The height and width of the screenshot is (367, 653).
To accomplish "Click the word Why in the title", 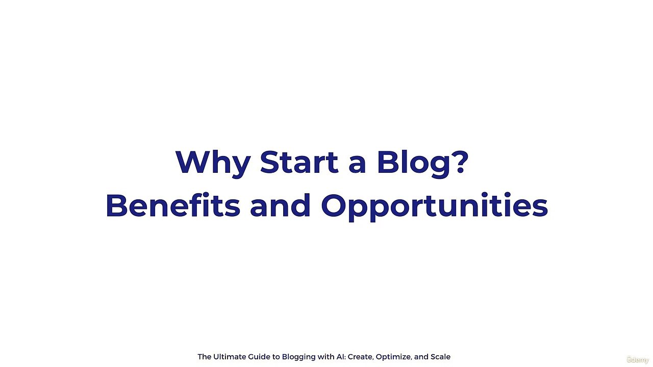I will click(x=213, y=163).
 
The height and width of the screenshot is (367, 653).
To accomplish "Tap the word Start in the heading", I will click(x=299, y=162).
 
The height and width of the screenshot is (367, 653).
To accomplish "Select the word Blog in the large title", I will click(x=413, y=163).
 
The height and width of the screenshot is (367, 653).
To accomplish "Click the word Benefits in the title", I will click(x=172, y=205).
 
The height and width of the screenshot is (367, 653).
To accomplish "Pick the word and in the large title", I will click(x=280, y=205).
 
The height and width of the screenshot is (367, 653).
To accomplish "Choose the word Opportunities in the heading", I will click(x=434, y=206).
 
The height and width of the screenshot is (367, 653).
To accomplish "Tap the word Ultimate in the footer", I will click(x=230, y=357).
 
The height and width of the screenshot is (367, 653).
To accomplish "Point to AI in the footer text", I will click(x=340, y=357).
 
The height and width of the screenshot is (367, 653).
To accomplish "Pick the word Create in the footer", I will click(x=360, y=357).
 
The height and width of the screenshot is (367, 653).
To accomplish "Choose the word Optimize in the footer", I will click(x=393, y=357).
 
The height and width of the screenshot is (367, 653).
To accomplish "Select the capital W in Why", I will click(x=190, y=162).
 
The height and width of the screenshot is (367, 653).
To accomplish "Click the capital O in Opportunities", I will click(x=334, y=205).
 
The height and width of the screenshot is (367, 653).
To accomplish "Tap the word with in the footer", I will click(x=325, y=357).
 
